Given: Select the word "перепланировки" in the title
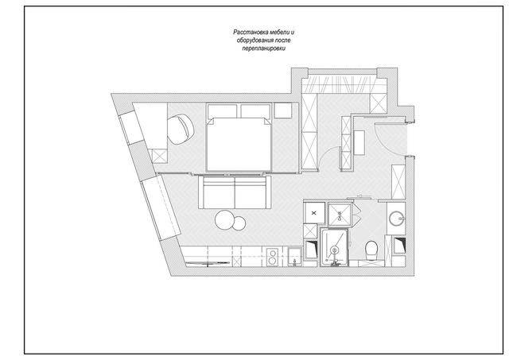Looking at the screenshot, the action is (x=263, y=48).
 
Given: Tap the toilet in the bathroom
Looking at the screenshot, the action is (x=371, y=250).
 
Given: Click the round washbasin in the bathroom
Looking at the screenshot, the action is (x=396, y=219).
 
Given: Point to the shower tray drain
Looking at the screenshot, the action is (x=334, y=250).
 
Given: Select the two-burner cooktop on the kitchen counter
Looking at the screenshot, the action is (x=273, y=257).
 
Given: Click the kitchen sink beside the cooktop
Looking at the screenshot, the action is (x=294, y=257).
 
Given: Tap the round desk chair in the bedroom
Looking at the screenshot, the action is (x=181, y=129).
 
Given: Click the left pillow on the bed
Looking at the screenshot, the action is (x=222, y=111).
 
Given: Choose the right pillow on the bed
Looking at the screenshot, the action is (x=255, y=111).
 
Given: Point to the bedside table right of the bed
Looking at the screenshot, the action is (x=283, y=110).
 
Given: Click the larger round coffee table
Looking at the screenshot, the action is (x=224, y=220).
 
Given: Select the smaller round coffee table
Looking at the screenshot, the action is (x=239, y=223).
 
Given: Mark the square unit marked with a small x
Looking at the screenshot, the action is (x=314, y=213).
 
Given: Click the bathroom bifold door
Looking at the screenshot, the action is (x=358, y=213).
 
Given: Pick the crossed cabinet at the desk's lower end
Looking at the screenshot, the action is (x=159, y=156).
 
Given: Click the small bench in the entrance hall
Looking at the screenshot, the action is (x=359, y=143).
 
